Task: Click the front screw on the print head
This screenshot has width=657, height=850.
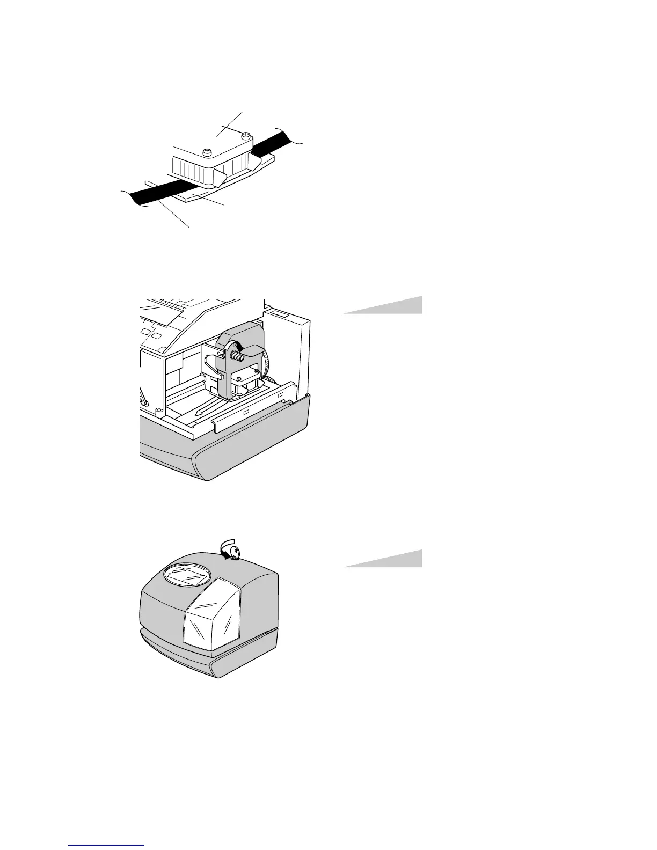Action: pyautogui.click(x=207, y=152)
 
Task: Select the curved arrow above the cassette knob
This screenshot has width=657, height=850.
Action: pyautogui.click(x=240, y=343)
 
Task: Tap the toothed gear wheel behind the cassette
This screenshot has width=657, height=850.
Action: pyautogui.click(x=265, y=365)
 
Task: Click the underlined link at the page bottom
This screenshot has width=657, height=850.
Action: pyautogui.click(x=107, y=846)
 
